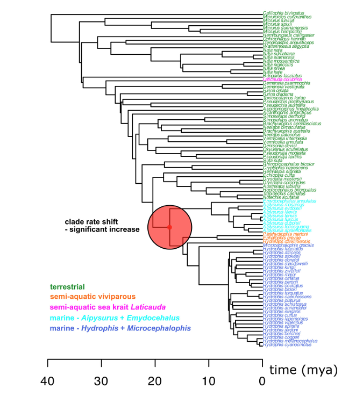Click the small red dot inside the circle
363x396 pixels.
169,227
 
